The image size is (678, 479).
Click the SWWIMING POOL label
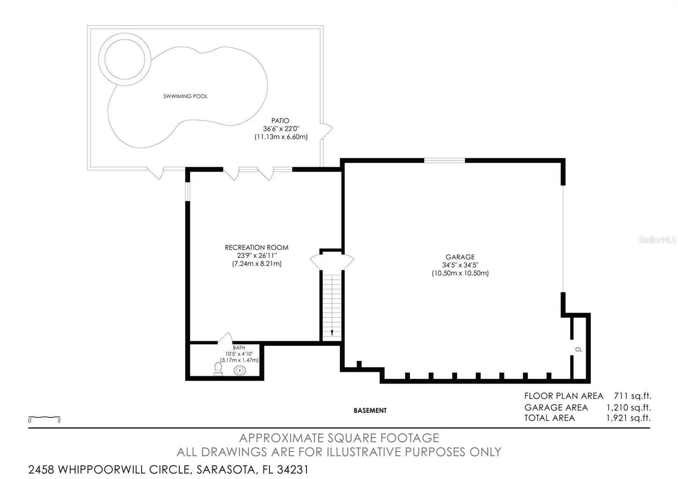(x=185, y=96)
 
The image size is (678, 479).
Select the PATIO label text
(x=280, y=121)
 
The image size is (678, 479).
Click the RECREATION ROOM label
(x=256, y=248)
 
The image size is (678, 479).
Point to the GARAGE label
(x=460, y=257)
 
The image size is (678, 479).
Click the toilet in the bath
(x=218, y=368)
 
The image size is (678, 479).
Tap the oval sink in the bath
(x=240, y=370)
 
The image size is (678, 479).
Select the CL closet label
(x=578, y=349)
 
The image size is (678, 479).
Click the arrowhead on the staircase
(x=332, y=333)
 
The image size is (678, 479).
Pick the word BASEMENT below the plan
(x=370, y=411)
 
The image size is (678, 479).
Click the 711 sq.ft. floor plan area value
(x=632, y=396)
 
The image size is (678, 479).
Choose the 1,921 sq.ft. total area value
(x=628, y=418)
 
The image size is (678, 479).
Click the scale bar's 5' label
(x=59, y=421)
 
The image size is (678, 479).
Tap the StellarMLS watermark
(x=657, y=240)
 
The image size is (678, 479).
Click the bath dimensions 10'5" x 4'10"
(x=239, y=354)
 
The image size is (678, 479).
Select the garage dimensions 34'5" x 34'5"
(x=460, y=265)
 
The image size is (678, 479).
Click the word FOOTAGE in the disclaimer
(x=409, y=438)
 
